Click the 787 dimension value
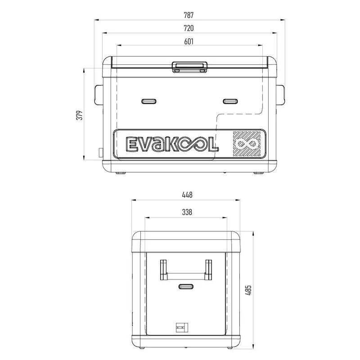pyautogui.click(x=189, y=15)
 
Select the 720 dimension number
pyautogui.click(x=189, y=28)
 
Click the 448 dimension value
pyautogui.click(x=187, y=195)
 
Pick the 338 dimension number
pyautogui.click(x=187, y=212)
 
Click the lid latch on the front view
pyautogui.click(x=189, y=67)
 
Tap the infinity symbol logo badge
pyautogui.click(x=247, y=144)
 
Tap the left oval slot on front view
pyautogui.click(x=148, y=101)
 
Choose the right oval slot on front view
pyautogui.click(x=230, y=101)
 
